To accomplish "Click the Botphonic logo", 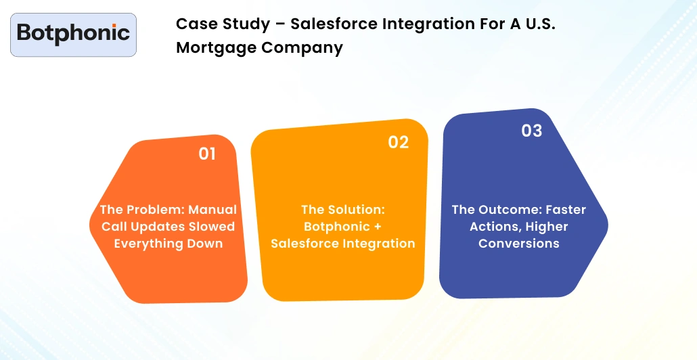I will (x=73, y=34).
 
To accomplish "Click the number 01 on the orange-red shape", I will (x=207, y=154).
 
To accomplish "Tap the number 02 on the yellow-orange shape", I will (x=399, y=142).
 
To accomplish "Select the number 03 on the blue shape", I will (x=532, y=131).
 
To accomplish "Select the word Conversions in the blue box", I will (x=519, y=244).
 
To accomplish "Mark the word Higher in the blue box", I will (x=545, y=227).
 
